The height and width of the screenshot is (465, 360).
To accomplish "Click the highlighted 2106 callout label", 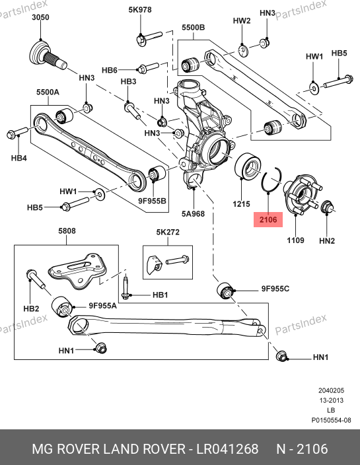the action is pos(268,220).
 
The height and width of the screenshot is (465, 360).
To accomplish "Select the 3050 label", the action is pos(41,17).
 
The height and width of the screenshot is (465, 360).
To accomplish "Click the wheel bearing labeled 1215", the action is pos(247,165).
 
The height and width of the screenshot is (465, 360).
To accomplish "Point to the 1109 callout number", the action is pos(295,240).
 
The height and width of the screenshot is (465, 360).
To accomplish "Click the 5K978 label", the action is pos(140,10).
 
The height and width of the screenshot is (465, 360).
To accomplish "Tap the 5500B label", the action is pos(193,27).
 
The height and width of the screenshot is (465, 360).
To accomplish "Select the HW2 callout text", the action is pos(242,20).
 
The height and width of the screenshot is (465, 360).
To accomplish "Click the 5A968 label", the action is pos(193,213).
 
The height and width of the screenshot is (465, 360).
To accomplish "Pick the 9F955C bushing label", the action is pos(275,289).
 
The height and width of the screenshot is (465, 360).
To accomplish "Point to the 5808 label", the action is pos(67,231).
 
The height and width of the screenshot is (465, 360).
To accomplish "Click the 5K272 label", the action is pos(168,232).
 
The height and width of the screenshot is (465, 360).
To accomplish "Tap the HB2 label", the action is pos(31,308).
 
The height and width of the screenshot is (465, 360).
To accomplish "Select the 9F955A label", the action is pos(102,305).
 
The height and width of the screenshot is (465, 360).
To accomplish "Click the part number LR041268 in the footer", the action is pos(227,449).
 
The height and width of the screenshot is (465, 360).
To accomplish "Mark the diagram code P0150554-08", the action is pos(331,420).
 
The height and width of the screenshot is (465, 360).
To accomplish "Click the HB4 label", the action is pos(19,158).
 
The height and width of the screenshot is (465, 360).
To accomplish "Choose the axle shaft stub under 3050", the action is pos(48,56).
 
